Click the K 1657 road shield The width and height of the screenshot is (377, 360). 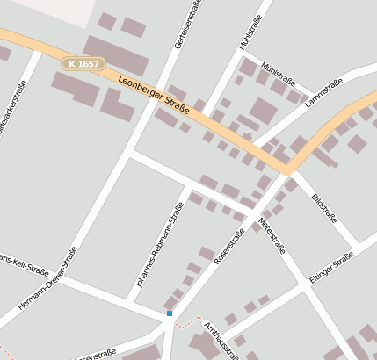point(83,64)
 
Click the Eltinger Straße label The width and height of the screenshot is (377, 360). point(331,267)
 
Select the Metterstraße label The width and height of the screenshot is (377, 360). point(272,235)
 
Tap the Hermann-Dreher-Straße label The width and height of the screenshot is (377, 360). point(47,280)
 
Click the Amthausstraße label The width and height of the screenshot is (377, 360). point(220,341)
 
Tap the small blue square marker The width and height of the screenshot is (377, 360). point(170,313)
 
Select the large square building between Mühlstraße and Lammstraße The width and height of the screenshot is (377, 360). point(263,111)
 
